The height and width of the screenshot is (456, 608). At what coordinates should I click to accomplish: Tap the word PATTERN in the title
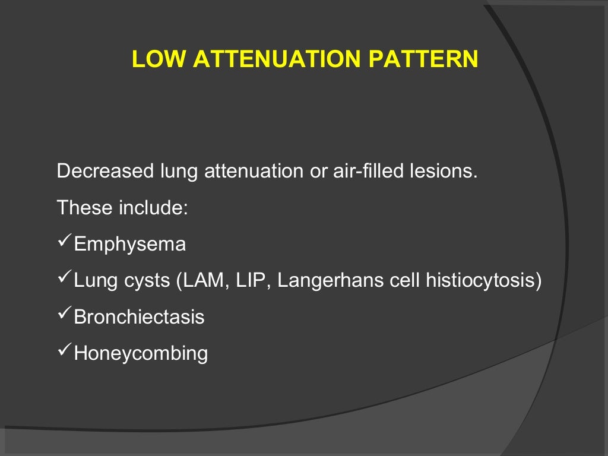pos(422,59)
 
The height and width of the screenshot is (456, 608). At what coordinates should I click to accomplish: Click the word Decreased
pos(105,172)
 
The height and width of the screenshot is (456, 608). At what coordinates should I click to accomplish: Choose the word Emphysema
pos(129,245)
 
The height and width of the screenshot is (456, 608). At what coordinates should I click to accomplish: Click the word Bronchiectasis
pos(139,317)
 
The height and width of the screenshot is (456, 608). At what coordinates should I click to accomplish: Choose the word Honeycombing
pos(141,354)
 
